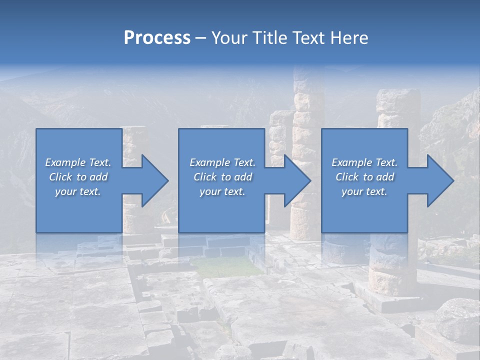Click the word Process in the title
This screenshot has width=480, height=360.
157,37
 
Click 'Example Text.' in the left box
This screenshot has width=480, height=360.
78,162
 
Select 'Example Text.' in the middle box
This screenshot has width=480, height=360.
222,162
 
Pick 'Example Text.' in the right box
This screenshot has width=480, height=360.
364,162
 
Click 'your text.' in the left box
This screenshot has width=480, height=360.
78,191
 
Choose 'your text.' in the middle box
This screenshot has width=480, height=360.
222,191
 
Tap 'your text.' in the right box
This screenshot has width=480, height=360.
364,191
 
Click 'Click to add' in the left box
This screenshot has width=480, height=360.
78,177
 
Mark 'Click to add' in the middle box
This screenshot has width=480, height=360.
222,177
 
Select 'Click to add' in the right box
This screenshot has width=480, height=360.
364,177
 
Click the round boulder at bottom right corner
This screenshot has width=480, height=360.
457,320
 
